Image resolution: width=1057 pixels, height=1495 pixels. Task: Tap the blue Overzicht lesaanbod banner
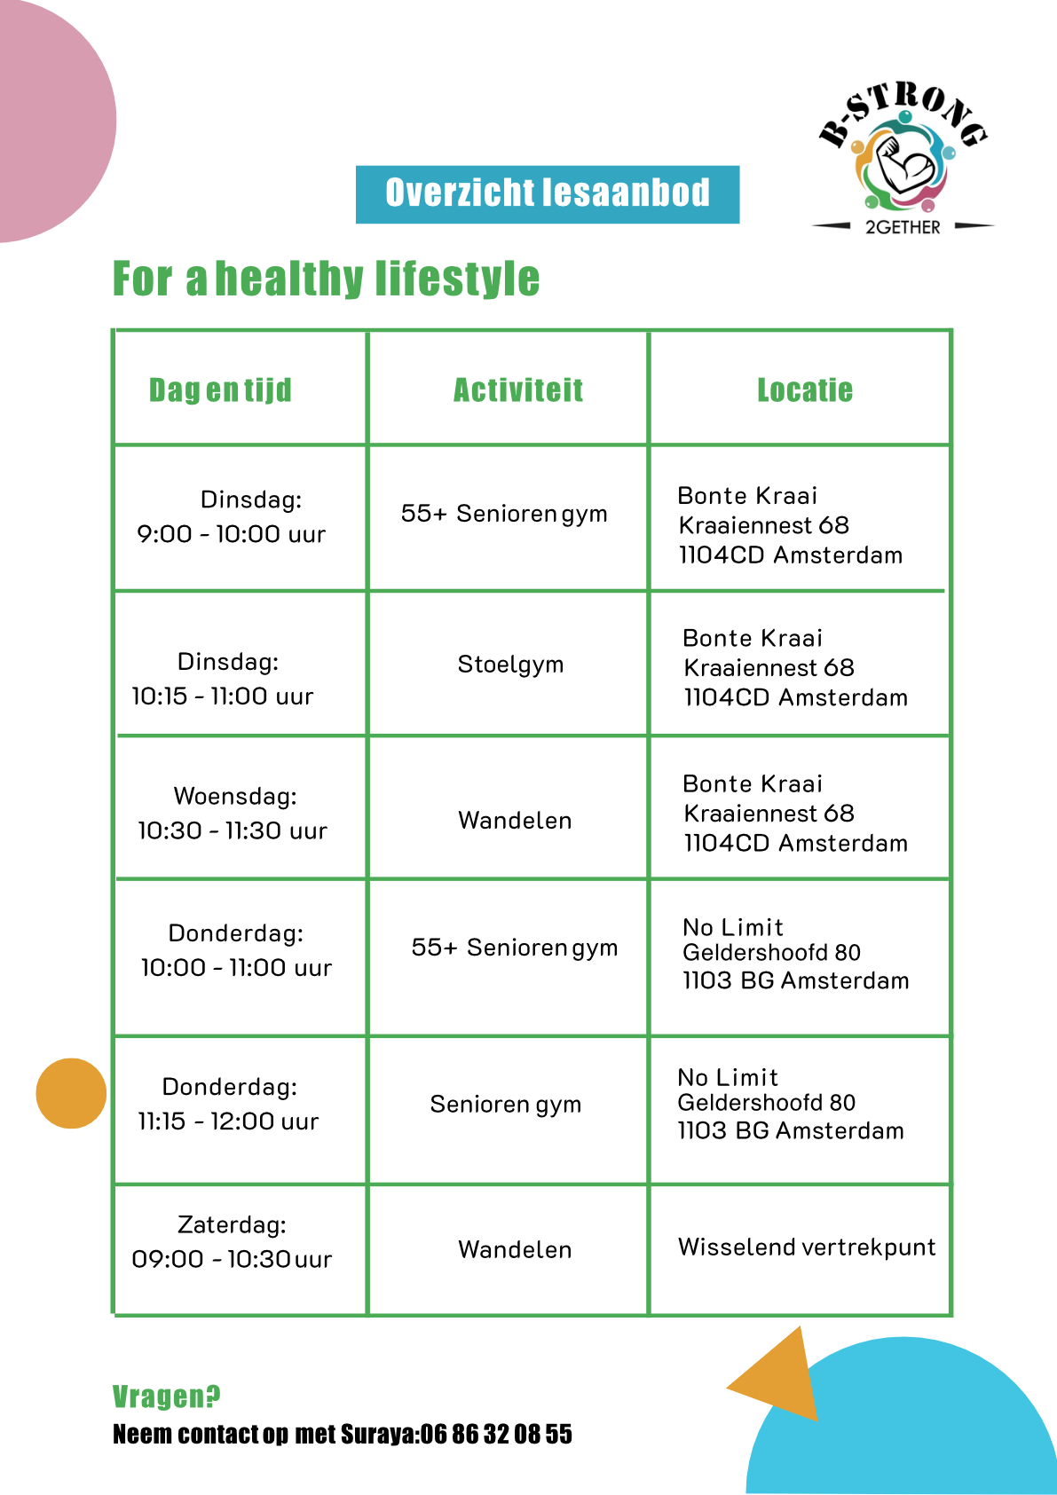547,193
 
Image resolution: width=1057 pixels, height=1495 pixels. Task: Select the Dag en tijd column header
220,390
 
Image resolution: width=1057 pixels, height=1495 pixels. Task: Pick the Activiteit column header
518,390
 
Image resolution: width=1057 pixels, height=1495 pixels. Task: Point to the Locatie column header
804,390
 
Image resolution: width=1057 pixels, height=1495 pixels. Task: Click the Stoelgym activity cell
510,665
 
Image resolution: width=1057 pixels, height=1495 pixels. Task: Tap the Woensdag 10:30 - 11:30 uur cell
233,813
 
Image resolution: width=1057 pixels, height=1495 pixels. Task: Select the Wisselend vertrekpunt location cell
806,1247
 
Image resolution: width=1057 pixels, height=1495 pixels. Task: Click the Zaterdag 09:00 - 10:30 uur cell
232,1242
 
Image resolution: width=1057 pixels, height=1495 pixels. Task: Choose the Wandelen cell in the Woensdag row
515,821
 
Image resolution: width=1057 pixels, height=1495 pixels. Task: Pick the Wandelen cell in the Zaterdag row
515,1250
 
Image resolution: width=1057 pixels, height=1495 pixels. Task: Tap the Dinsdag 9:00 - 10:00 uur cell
233,516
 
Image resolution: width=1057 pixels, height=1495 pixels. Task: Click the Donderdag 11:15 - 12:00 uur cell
229,1104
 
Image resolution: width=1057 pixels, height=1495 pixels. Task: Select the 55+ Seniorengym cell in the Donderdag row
514,948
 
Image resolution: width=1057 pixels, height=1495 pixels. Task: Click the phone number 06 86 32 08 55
496,1435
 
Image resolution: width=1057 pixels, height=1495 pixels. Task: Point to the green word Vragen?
166,1397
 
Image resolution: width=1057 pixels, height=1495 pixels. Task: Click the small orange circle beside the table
71,1093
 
